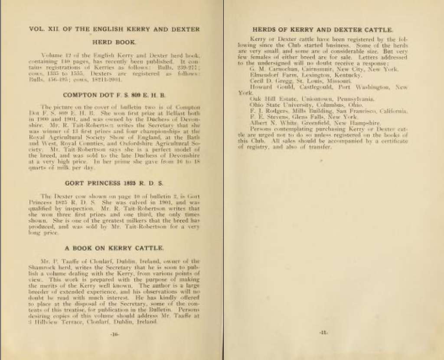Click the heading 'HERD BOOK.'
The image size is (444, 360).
point(114,42)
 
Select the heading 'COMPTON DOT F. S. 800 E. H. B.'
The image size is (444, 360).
point(114,95)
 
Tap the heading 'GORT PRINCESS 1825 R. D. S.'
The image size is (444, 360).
point(114,183)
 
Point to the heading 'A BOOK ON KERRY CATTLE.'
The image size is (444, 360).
point(114,248)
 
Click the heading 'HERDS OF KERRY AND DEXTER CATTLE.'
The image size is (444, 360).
point(323,30)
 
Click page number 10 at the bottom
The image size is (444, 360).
point(115,334)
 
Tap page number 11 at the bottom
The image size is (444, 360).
point(323,333)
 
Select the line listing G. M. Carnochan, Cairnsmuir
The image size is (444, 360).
point(324,69)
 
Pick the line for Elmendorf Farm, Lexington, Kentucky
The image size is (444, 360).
point(300,75)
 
